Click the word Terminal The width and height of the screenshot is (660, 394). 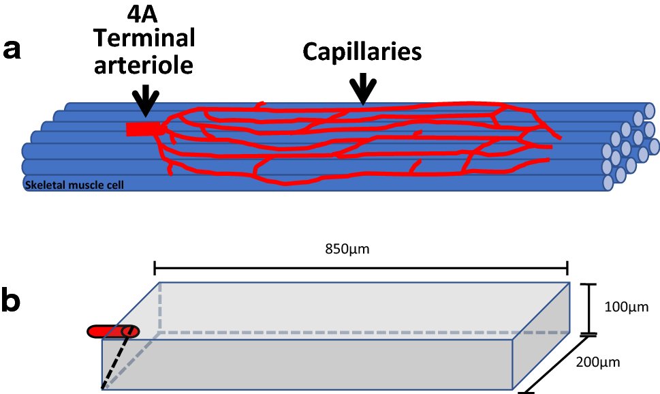144,39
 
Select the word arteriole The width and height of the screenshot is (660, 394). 144,65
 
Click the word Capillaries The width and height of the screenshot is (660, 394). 362,52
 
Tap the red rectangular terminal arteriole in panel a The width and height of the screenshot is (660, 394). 142,129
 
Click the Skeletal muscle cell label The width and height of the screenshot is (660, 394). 74,184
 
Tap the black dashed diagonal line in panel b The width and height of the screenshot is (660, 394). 114,361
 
